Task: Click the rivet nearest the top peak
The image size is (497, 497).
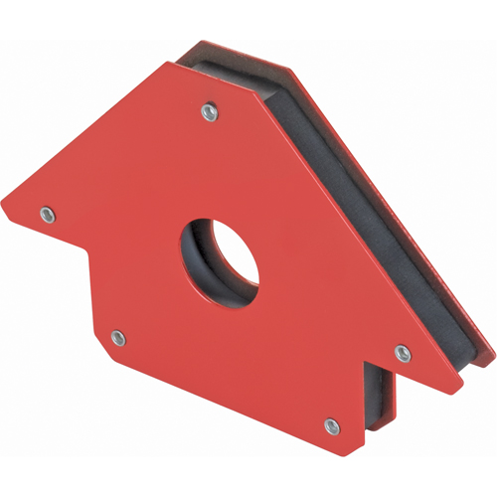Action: tap(208, 112)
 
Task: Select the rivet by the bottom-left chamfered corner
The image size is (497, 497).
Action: tap(117, 338)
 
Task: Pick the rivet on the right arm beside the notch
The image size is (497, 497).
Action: tap(402, 353)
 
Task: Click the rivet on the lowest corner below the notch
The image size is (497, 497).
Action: tap(332, 425)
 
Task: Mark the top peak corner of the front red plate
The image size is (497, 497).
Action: tap(170, 62)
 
